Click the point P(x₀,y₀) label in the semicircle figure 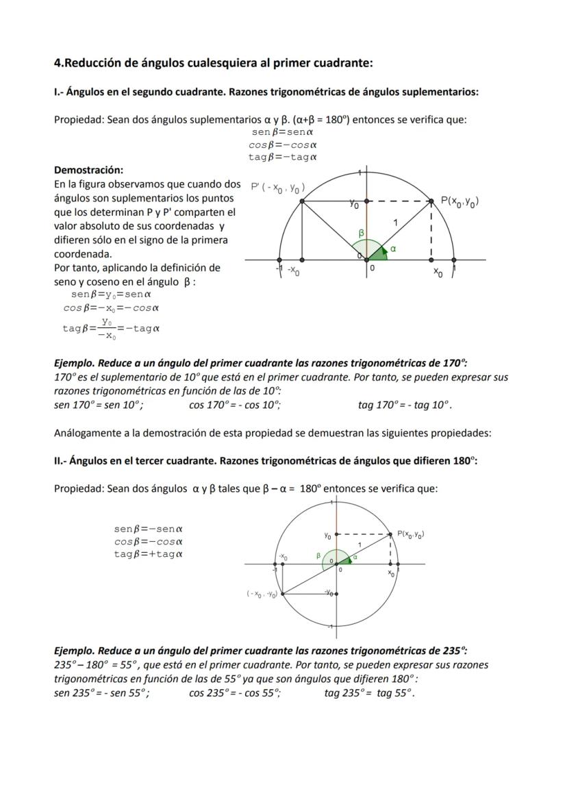[459, 201]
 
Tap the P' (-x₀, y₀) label [277, 188]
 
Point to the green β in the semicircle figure [362, 234]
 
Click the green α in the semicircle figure [393, 249]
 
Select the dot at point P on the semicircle [431, 201]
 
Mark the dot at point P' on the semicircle [302, 201]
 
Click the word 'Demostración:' [88, 170]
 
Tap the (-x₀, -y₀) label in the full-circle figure [262, 594]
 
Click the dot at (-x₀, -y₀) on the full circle [283, 594]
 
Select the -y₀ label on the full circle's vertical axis [329, 592]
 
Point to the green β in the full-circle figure [318, 555]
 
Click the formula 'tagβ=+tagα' [148, 554]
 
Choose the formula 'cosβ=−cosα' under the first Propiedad [282, 145]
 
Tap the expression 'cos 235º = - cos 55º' [234, 692]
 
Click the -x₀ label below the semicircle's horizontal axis [292, 272]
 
